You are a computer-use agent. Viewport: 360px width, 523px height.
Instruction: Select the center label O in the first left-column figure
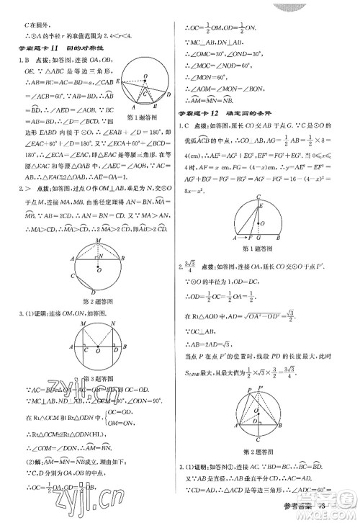pyautogui.click(x=146, y=75)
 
